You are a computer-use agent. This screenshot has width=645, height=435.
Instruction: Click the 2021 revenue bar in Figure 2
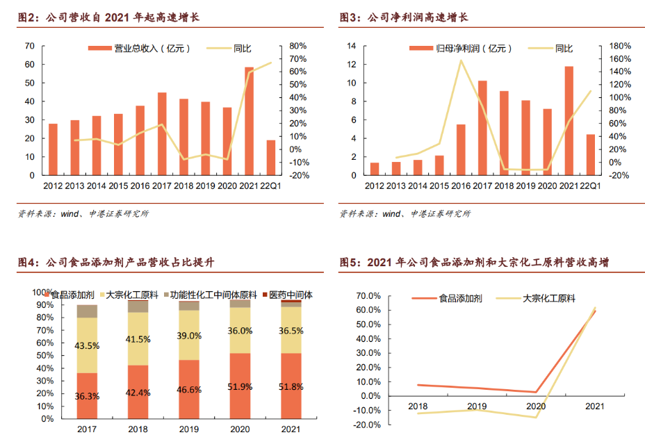point(249,121)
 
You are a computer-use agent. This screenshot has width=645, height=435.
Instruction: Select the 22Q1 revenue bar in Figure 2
point(270,158)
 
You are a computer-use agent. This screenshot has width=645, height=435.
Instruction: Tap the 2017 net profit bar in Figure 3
point(482,128)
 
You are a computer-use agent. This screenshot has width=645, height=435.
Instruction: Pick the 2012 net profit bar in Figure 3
point(375,169)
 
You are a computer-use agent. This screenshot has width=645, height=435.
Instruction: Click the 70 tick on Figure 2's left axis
point(29,46)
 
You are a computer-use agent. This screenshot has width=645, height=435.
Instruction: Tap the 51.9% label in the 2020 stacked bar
point(240,386)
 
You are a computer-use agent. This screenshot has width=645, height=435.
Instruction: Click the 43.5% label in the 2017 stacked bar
point(87,345)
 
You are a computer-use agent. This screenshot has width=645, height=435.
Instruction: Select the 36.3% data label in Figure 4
point(87,396)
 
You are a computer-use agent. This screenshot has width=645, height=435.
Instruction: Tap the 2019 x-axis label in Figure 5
point(477,406)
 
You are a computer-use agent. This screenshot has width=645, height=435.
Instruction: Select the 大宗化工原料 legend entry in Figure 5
point(548,299)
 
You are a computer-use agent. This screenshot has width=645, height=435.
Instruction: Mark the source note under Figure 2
point(83,213)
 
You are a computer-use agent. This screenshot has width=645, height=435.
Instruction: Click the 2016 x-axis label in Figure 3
point(461,186)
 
